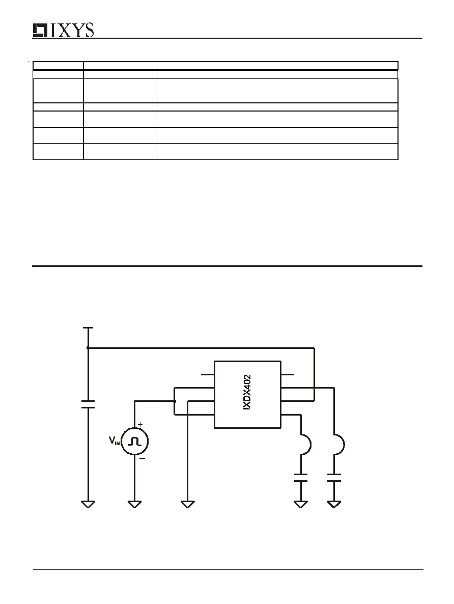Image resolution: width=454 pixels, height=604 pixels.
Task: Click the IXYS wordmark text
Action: point(72,31)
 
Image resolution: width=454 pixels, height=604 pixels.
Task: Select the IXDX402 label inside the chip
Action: point(247,392)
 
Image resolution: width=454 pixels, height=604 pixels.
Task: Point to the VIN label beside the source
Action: point(115,441)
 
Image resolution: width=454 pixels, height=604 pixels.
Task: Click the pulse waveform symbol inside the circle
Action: point(135,442)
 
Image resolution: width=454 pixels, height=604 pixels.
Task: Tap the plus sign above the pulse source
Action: point(140,425)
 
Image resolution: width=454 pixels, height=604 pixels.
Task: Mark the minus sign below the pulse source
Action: point(142,458)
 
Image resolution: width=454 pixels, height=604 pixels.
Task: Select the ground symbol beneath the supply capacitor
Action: point(88,504)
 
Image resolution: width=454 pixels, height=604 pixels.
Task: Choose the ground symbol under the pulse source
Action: point(134,504)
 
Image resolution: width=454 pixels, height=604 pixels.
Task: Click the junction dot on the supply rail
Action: point(88,348)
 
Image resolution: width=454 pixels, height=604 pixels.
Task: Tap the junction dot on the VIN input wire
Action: point(175,401)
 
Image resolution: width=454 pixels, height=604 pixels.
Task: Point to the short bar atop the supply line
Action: point(88,328)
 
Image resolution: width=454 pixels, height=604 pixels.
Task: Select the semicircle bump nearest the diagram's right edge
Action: point(339,445)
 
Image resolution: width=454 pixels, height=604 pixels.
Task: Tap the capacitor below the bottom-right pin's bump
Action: point(301,478)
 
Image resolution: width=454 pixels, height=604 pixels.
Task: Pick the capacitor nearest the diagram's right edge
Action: point(334,478)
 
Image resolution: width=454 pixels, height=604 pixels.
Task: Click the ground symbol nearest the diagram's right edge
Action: point(334,504)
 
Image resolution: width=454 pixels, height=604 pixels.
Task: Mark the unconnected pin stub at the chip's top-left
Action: point(208,374)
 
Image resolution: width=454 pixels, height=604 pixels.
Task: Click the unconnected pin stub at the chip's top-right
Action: point(287,374)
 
